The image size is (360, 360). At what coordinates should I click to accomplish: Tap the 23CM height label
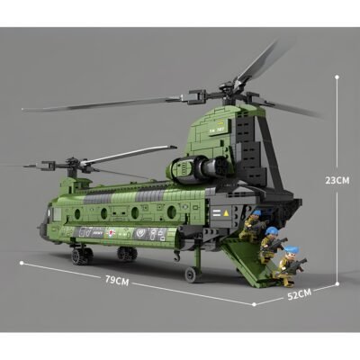point(337,180)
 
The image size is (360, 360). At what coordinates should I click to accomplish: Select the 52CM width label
point(300,292)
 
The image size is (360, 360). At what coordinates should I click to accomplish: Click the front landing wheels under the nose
point(82,256)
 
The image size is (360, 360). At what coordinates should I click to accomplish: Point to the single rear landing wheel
point(190,274)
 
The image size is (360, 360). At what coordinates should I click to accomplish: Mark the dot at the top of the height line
point(336,76)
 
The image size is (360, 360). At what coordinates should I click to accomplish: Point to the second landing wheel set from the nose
point(126,255)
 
